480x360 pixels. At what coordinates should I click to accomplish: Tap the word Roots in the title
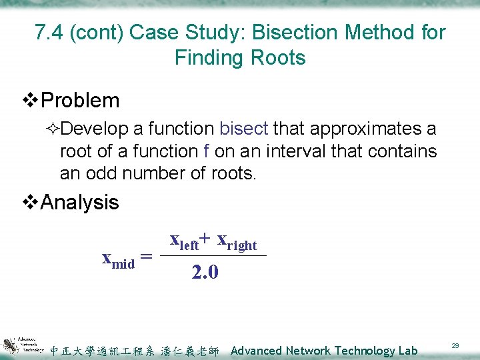coord(275,58)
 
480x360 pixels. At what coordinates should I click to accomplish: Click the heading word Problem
coord(80,101)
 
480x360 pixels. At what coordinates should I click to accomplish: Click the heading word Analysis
coord(80,202)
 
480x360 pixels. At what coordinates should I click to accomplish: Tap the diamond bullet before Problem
coord(31,101)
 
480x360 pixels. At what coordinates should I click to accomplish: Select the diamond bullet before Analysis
coord(31,203)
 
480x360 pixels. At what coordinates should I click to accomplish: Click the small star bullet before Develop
coord(54,129)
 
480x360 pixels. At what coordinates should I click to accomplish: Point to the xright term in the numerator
coord(237,241)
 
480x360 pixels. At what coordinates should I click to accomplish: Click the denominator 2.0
coord(205,272)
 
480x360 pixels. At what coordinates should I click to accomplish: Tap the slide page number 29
coord(455,345)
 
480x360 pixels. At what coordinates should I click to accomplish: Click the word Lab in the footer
coord(406,351)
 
